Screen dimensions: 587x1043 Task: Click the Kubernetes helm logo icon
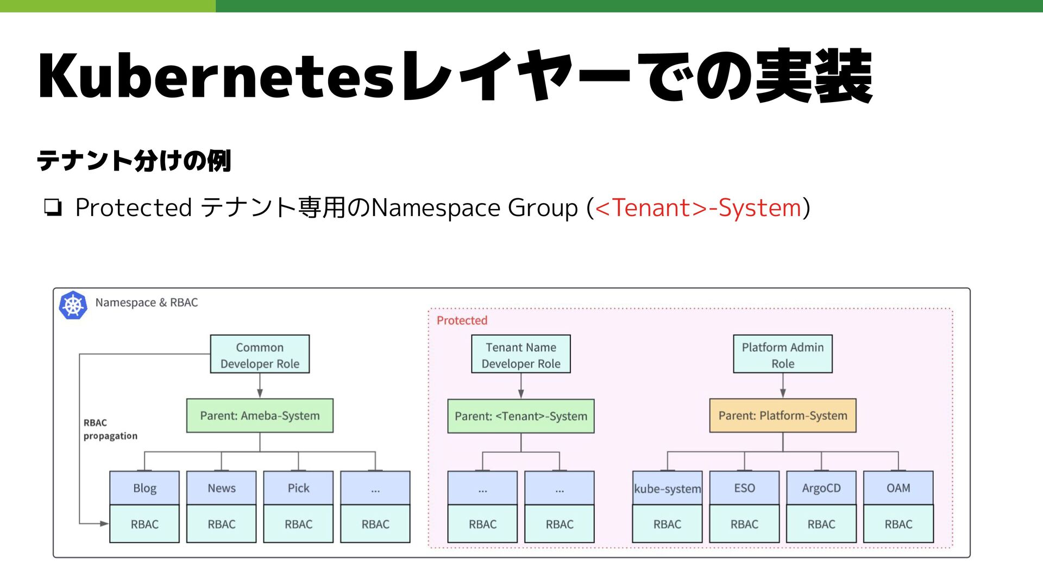[x=73, y=305]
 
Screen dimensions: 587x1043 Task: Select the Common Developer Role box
[x=260, y=354]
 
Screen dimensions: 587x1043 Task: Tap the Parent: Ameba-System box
[x=260, y=416]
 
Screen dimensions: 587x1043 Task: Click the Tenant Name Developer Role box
[x=520, y=354]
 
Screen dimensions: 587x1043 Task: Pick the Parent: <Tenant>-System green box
[x=520, y=416]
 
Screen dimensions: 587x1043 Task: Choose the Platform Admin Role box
[x=782, y=354]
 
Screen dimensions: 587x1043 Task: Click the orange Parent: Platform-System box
[x=782, y=416]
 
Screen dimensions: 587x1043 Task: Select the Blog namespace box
[x=144, y=488]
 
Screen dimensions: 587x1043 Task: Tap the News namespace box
[x=221, y=488]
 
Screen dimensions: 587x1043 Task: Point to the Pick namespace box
[x=298, y=488]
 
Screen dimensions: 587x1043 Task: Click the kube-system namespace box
[x=667, y=488]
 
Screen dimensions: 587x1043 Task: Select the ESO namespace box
[x=744, y=488]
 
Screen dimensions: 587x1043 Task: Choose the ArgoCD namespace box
[x=821, y=488]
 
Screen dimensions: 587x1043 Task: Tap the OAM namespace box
[x=898, y=488]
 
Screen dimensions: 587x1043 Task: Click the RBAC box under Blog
[x=144, y=524]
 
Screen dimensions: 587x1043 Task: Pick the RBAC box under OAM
[x=898, y=524]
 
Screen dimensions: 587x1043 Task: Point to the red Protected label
[x=462, y=320]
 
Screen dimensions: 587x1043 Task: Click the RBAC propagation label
[x=110, y=430]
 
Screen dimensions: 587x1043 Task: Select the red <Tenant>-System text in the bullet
[x=698, y=208]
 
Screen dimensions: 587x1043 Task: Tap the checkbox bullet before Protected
[x=53, y=208]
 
